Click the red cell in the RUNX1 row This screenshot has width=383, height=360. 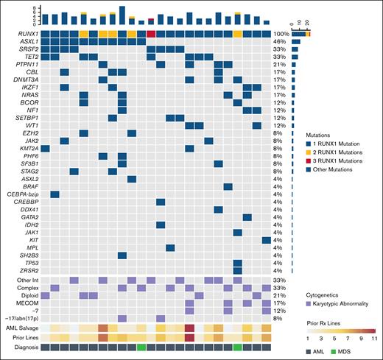(151, 34)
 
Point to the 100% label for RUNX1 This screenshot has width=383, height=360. (281, 34)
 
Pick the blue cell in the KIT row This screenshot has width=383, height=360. (266, 239)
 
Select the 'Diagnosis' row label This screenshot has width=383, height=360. (24, 347)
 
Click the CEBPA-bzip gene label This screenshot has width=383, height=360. (21, 194)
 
